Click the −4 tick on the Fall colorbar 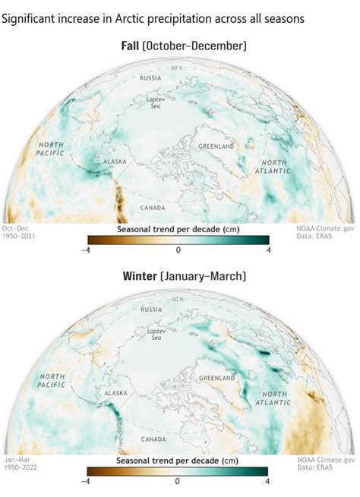86,249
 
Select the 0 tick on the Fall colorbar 178,249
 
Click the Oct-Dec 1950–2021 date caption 18,232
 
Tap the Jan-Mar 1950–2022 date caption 18,464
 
